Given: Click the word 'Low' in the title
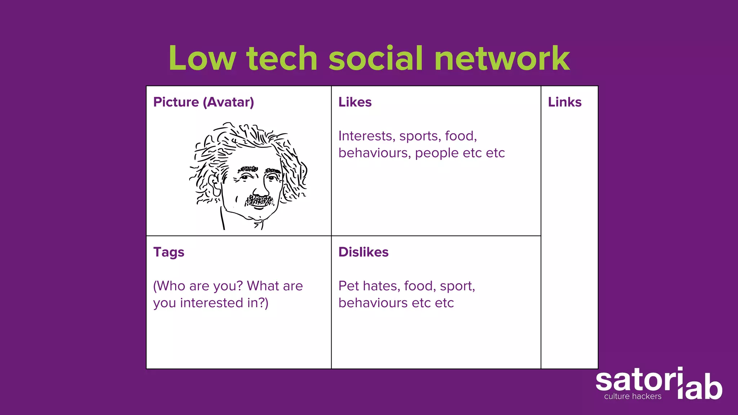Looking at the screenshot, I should coord(202,58).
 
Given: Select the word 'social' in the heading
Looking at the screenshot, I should coord(375,58).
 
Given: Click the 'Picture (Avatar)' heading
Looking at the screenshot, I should coord(204,102).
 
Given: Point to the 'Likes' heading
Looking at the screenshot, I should coord(355,102).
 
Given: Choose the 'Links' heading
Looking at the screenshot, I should coord(565,102).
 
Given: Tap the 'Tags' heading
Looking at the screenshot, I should coord(169,252).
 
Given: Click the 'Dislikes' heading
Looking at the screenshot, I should coord(363,252).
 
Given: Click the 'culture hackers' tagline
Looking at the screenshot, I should coord(633,397).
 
